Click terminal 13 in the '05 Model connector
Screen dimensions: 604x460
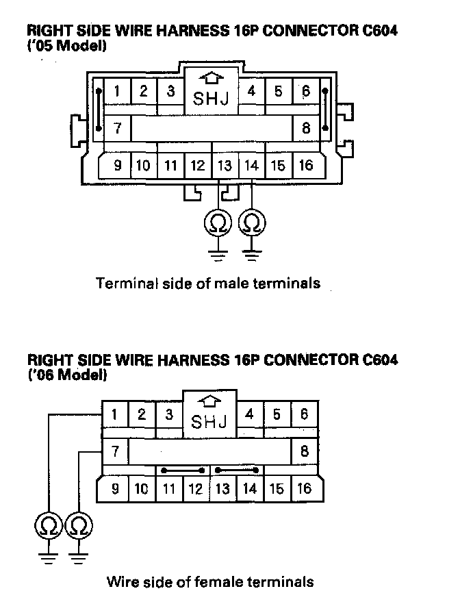pos(225,165)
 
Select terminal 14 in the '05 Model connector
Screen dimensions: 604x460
pos(251,165)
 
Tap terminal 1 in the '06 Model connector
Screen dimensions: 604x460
pos(116,414)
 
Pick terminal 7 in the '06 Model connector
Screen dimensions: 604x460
pos(116,451)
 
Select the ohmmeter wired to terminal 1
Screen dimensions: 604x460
pos(48,526)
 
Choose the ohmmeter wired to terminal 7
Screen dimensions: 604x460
pos(80,526)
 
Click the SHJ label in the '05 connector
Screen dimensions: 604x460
pos(212,99)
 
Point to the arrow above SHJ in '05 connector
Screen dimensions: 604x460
pos(212,79)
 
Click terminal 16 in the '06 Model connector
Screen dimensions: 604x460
pos(305,489)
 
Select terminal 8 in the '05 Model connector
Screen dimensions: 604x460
pos(306,127)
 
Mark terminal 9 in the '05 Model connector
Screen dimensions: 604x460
pos(118,165)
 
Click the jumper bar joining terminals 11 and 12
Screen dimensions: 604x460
pos(183,470)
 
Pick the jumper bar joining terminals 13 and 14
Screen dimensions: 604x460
pos(237,470)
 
